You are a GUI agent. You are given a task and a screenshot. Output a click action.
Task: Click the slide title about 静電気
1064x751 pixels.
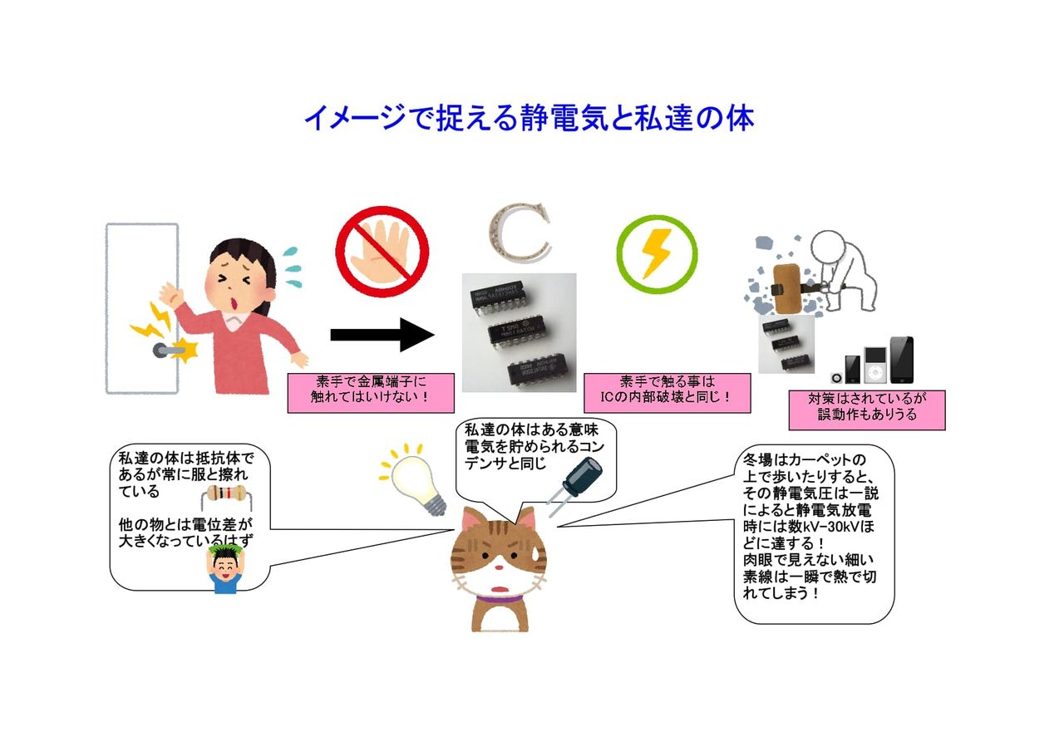click(529, 118)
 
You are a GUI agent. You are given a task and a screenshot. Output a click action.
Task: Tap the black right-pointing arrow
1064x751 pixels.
click(382, 335)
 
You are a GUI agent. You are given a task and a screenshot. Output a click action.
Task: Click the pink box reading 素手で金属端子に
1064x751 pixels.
click(371, 392)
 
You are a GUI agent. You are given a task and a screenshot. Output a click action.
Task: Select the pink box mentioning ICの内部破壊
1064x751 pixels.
click(667, 392)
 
